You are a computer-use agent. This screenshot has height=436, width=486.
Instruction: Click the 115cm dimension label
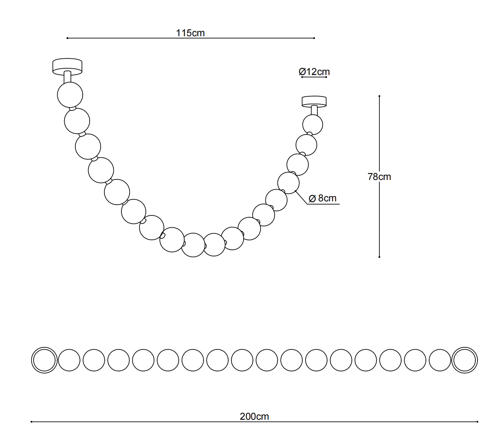point(190,33)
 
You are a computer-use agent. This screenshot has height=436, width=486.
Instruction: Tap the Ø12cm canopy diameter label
point(314,72)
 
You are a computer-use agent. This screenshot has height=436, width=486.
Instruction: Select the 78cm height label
point(379,177)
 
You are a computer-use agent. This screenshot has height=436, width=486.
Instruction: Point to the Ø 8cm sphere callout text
point(323,198)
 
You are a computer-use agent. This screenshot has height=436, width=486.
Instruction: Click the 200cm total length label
point(254,416)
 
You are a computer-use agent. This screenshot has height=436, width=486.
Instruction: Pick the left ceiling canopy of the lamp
point(67,65)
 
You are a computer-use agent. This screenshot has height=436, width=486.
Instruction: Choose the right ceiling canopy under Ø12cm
point(314,101)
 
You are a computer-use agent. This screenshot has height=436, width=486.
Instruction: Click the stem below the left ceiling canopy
point(68,77)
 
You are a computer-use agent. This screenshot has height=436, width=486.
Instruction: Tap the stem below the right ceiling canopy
point(314,110)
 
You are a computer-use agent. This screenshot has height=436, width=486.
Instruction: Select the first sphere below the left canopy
point(70,95)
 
